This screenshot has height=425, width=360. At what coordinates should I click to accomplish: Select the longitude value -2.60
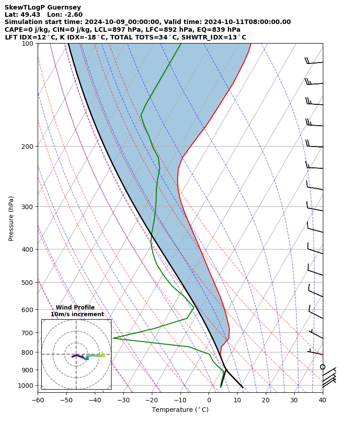tap(73, 15)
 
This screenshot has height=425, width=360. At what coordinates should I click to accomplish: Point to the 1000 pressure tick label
tap(26, 386)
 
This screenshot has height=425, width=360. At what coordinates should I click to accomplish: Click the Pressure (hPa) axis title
tap(11, 218)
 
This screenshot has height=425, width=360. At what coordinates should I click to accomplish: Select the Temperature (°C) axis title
tap(180, 410)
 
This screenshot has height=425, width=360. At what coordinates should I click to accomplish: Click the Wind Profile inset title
tap(75, 308)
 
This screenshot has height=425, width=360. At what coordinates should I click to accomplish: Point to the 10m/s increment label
tap(77, 314)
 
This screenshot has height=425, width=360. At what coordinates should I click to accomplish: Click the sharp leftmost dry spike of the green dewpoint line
tap(114, 338)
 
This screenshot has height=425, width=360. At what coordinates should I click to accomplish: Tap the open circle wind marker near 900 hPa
tap(322, 366)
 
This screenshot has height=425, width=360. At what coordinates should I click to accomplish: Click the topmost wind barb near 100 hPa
tap(314, 62)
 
